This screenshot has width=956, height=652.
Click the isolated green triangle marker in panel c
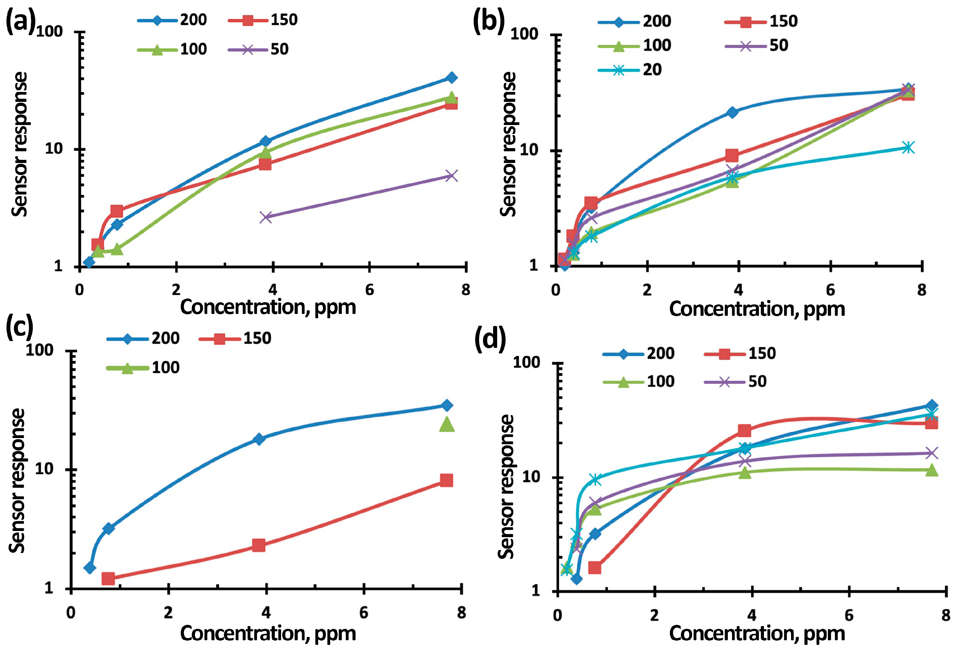coord(447,424)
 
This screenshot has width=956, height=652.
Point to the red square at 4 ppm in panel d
coord(744,430)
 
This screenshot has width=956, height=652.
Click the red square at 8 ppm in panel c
coord(446,480)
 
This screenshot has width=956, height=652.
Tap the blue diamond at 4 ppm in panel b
coord(732,112)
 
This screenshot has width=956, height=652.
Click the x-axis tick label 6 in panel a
coord(369,290)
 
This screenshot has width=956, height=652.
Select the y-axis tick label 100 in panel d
coord(526,362)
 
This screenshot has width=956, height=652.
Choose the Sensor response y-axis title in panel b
coord(509,144)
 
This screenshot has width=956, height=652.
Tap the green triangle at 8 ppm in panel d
coord(932,470)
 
